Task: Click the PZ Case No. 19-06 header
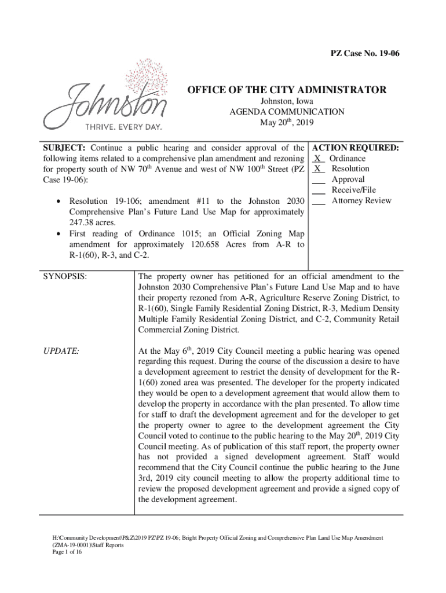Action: click(365, 54)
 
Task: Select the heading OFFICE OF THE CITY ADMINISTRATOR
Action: click(286, 90)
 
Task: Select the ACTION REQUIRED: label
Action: click(355, 148)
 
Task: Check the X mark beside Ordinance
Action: click(318, 159)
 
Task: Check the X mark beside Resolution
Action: click(318, 169)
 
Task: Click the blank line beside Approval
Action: click(319, 180)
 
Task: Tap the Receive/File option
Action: click(353, 191)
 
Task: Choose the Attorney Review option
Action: click(361, 201)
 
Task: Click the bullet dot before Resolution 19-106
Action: click(58, 202)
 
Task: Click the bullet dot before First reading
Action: click(58, 233)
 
